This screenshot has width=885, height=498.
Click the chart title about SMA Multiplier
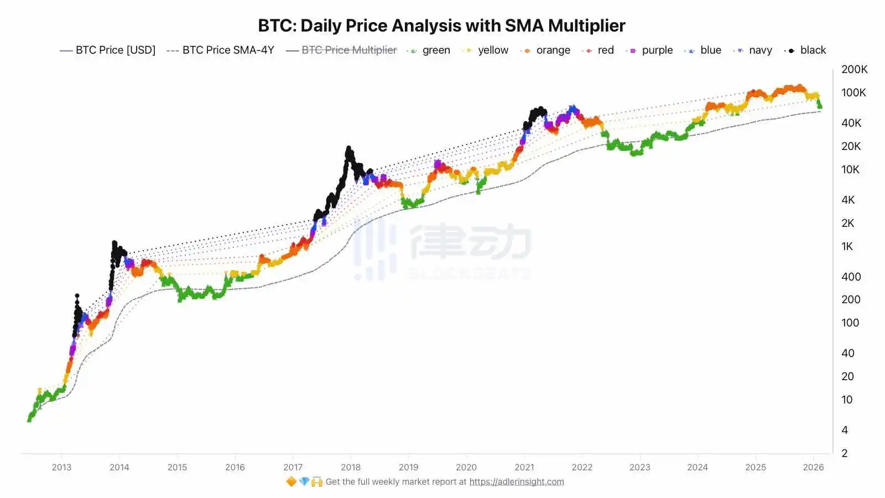(x=441, y=25)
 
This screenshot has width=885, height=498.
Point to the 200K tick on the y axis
(x=854, y=70)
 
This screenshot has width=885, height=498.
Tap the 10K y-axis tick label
(x=850, y=170)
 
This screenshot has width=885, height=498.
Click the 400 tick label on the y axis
(x=851, y=277)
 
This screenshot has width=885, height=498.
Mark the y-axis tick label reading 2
(x=845, y=453)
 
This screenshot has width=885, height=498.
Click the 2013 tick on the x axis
(x=61, y=467)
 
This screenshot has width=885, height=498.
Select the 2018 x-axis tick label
(x=351, y=467)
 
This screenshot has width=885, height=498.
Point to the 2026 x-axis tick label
(x=813, y=467)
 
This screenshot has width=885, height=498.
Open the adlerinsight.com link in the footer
(x=517, y=482)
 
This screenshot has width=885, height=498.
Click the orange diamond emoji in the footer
(x=291, y=482)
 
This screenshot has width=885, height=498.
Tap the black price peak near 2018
(x=348, y=149)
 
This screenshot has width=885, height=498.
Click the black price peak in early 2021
(x=540, y=110)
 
